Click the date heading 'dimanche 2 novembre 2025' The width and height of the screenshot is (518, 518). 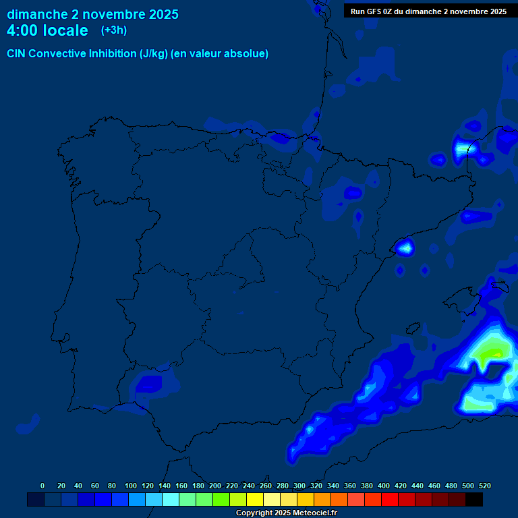92,14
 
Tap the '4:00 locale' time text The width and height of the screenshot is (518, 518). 47,30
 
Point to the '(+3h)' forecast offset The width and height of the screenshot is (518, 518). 114,30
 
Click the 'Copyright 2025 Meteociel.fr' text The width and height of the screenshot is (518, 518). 287,513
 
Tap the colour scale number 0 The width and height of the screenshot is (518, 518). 42,486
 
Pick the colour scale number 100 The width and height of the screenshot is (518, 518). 131,486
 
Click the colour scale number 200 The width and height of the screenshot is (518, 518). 215,486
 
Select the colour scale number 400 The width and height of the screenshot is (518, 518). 384,486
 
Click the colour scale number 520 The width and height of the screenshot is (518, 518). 484,486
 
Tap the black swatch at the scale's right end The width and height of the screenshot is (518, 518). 474,499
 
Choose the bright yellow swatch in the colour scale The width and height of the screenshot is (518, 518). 255,499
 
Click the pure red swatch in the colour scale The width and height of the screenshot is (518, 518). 390,499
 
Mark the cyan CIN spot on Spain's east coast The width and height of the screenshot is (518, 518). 405,248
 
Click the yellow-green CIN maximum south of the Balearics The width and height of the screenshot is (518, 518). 492,351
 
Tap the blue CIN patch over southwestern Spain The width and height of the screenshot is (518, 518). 148,384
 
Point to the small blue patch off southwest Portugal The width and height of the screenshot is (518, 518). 28,425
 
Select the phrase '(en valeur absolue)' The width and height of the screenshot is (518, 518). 220,54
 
